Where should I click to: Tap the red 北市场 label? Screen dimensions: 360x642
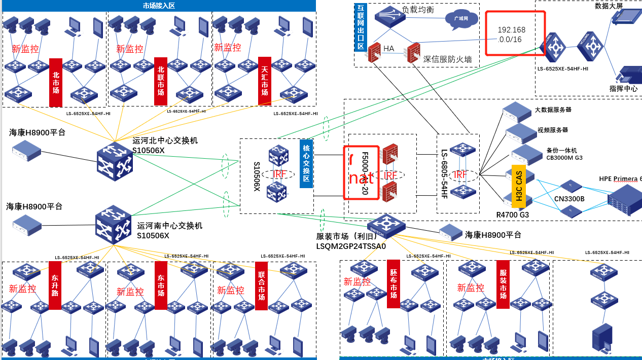[56, 83]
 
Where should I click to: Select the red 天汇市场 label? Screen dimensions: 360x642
[265, 81]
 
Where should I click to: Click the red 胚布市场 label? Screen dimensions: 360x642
[394, 284]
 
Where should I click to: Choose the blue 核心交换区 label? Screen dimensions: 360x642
[306, 163]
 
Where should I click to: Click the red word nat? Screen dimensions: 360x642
[362, 178]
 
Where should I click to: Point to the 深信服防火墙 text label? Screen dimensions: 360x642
[447, 59]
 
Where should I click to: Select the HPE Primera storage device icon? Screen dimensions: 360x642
[624, 200]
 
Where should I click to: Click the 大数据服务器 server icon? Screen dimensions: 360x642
[517, 111]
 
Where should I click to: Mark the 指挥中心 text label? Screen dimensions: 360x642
[623, 89]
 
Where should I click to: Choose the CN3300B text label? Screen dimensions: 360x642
[569, 199]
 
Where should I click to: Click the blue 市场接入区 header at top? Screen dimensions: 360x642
[159, 6]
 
